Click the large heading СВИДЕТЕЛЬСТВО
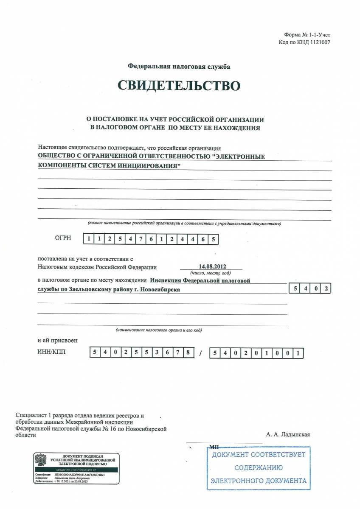click(x=179, y=86)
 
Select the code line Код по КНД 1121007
click(x=304, y=42)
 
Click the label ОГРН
click(x=62, y=238)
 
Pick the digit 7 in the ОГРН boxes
click(x=141, y=239)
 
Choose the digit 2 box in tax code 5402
click(x=325, y=289)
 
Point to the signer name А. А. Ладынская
click(x=288, y=434)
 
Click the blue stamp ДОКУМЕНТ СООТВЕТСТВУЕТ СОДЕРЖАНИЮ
click(x=259, y=467)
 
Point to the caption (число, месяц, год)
click(x=211, y=273)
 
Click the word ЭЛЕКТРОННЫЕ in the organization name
click(x=239, y=157)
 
